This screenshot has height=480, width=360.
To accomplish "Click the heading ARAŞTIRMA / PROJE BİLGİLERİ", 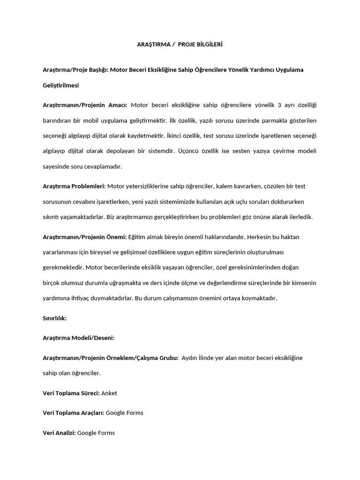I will (x=180, y=45).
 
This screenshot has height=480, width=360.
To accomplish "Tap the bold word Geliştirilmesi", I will (x=61, y=86).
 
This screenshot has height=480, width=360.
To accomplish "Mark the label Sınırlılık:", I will (x=55, y=318).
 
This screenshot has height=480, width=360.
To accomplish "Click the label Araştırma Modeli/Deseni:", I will (x=79, y=337).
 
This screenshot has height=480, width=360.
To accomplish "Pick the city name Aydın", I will (x=189, y=358).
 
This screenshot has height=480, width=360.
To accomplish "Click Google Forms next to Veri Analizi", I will (x=96, y=433).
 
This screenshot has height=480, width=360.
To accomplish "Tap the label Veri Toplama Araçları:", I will (x=74, y=413).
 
